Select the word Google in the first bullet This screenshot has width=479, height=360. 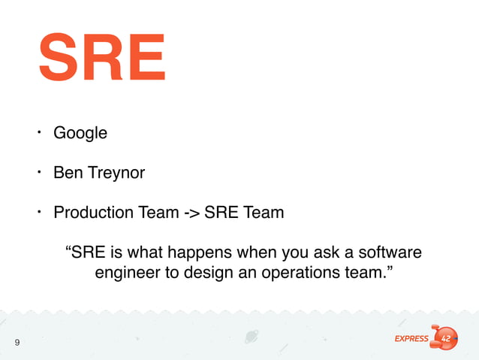[x=80, y=133]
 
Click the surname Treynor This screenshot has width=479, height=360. [x=116, y=173]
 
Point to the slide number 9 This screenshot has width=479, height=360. [x=17, y=343]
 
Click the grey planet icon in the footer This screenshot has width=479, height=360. [x=252, y=337]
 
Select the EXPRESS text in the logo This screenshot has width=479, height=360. [x=411, y=339]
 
